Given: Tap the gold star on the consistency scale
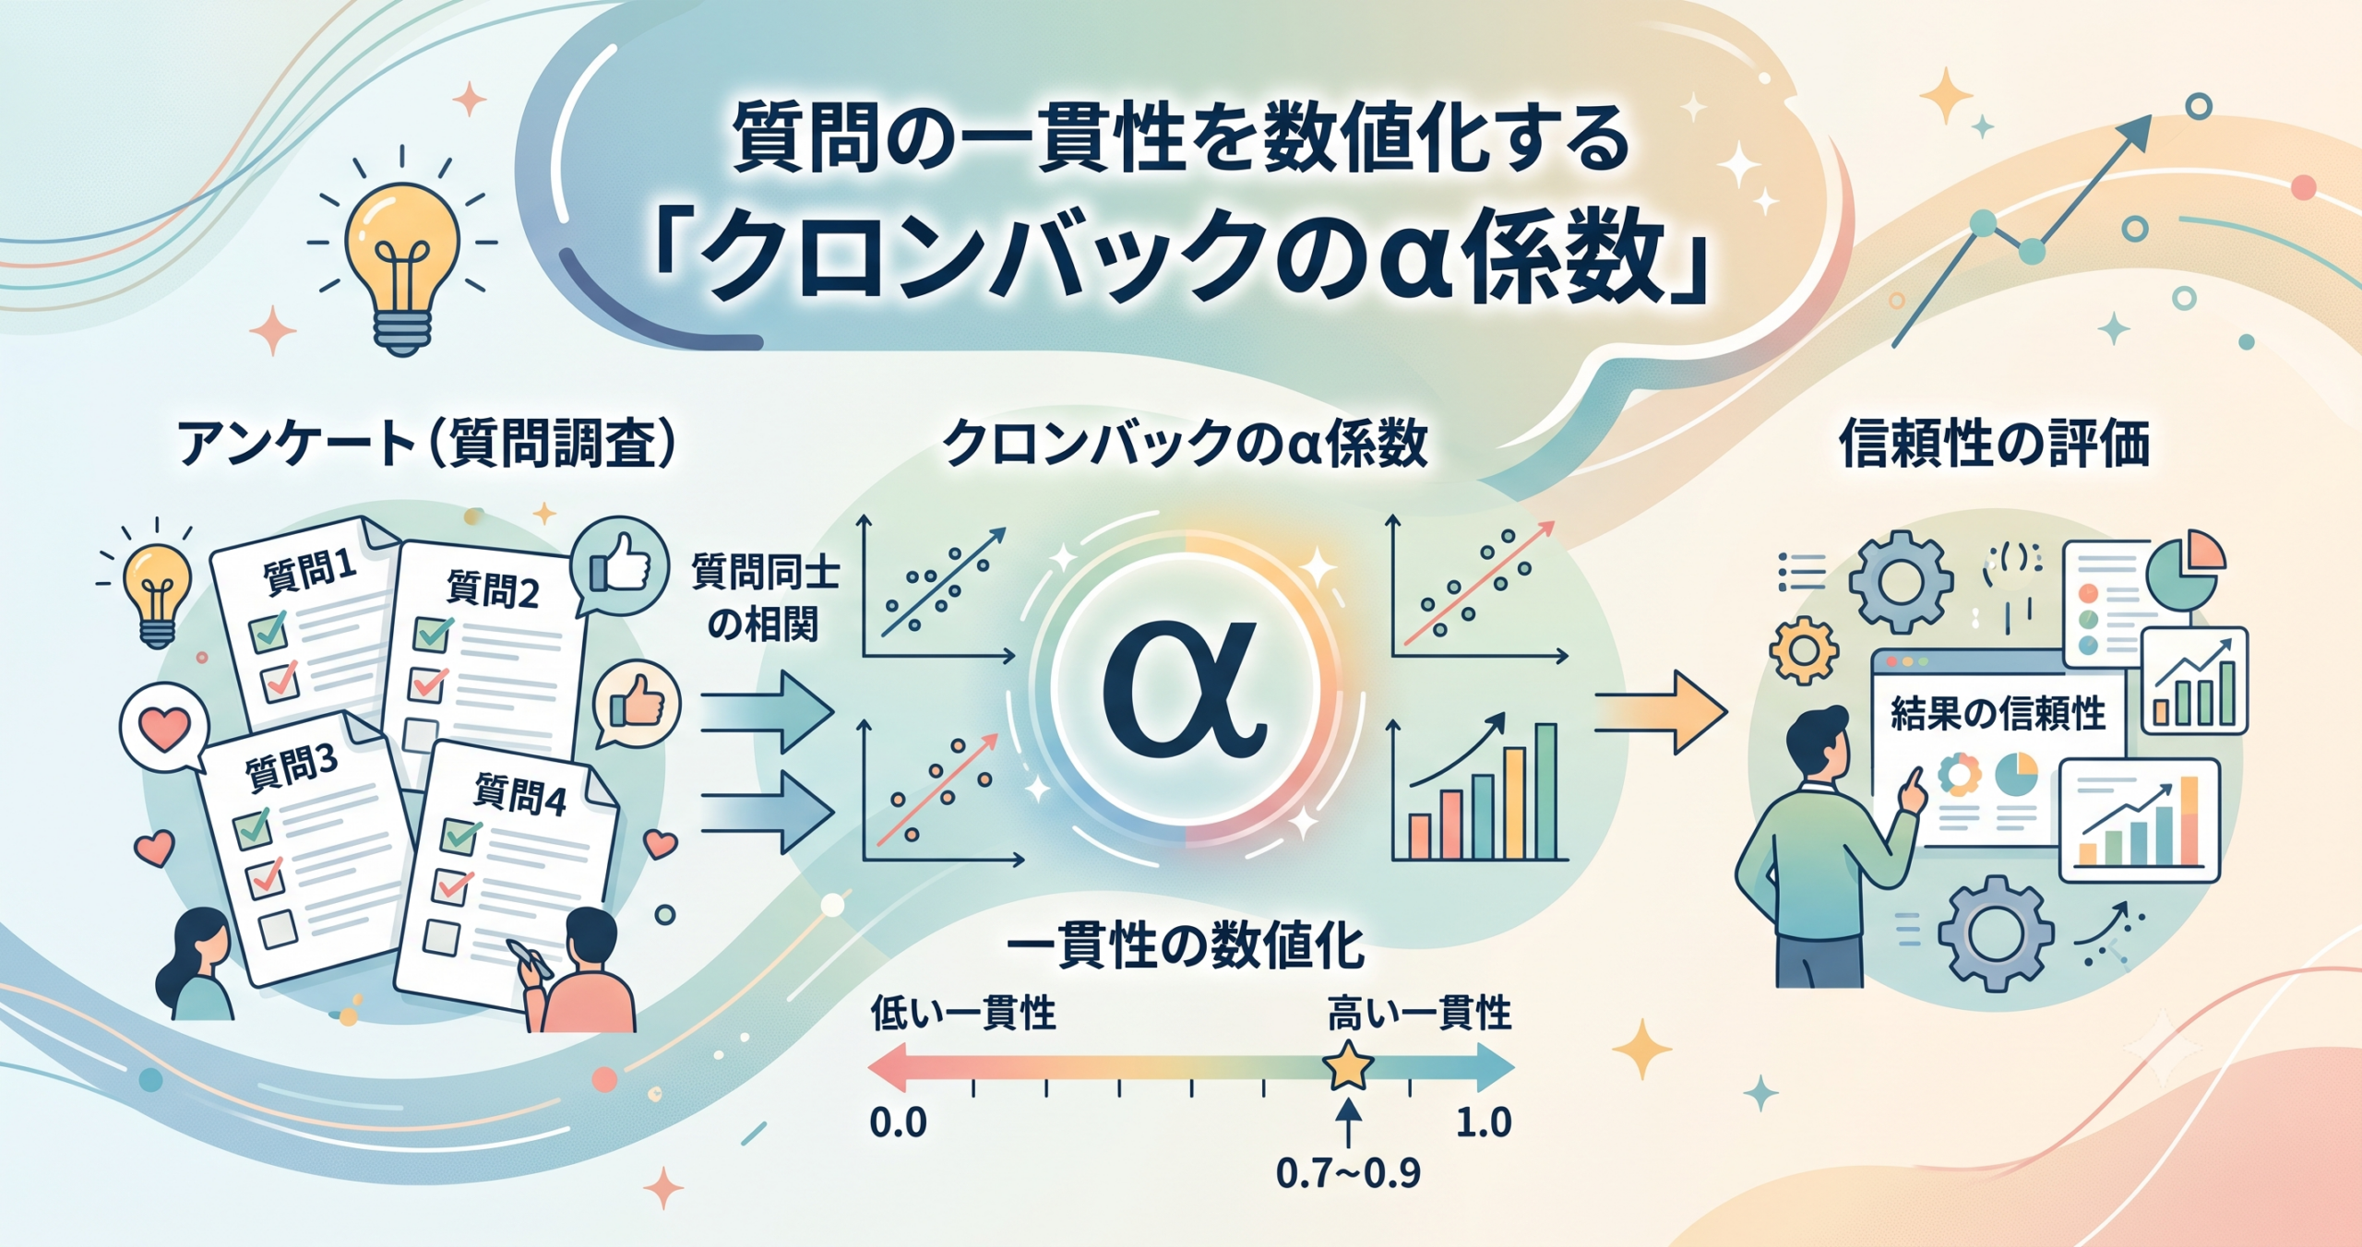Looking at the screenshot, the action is (x=1348, y=1066).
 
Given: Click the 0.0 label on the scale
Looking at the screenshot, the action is (x=898, y=1122).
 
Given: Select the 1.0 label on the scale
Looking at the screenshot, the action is (x=1484, y=1122).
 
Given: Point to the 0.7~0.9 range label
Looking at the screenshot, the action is (x=1348, y=1173).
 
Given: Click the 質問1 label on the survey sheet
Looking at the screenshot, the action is (x=309, y=572).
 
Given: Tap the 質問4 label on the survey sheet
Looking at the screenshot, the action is (x=519, y=795).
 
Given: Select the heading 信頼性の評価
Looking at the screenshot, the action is (x=1995, y=444).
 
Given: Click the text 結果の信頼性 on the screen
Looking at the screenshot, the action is (x=1998, y=713).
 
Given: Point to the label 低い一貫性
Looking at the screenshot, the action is (x=963, y=1013).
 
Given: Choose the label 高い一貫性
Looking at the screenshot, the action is (x=1419, y=1013).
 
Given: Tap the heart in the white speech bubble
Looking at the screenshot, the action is (x=163, y=730).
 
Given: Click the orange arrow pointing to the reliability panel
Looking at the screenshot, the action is (x=1661, y=712).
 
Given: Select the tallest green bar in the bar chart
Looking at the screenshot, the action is (x=1545, y=791).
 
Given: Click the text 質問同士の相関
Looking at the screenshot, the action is (x=765, y=598).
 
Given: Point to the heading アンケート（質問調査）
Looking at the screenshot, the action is (x=426, y=444).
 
